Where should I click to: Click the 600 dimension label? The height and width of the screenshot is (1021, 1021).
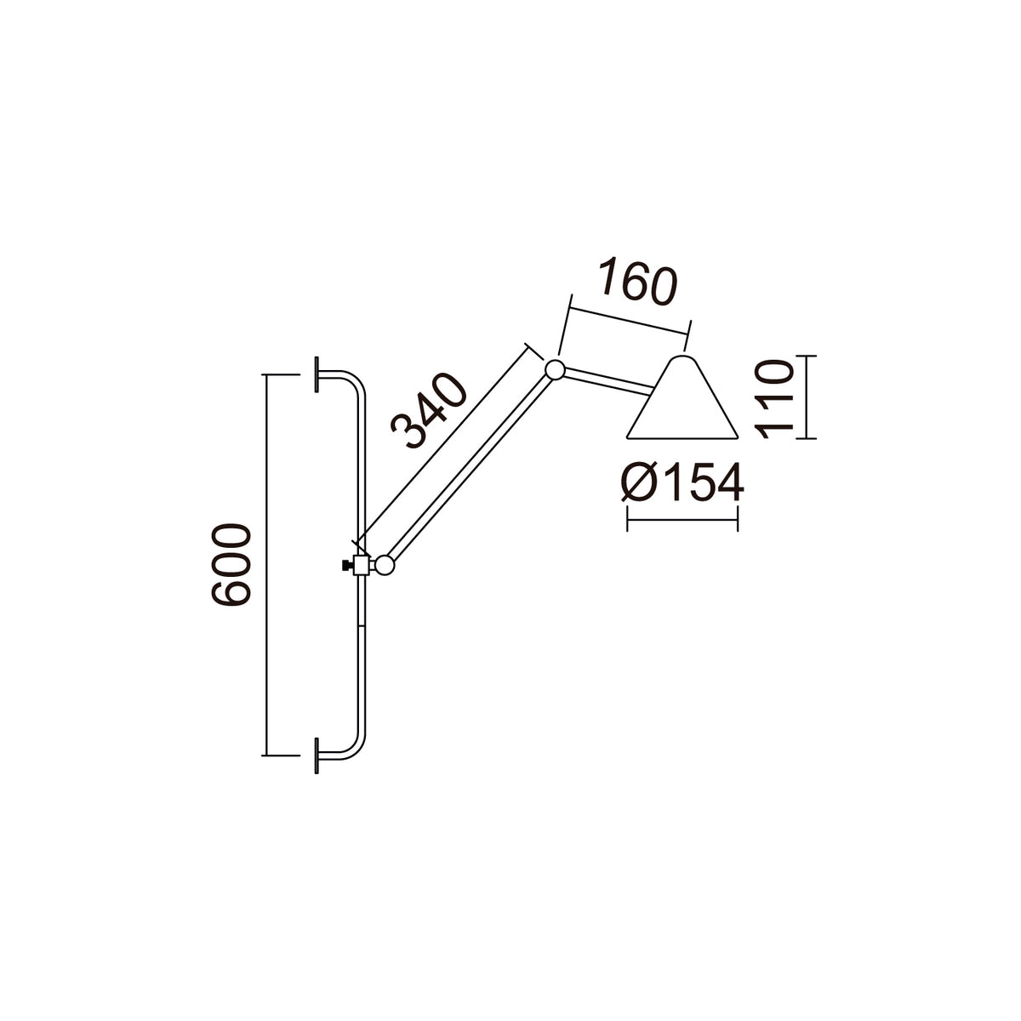click(x=230, y=564)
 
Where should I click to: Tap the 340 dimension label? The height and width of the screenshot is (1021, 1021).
click(x=429, y=410)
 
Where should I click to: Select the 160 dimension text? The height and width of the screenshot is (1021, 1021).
click(x=638, y=282)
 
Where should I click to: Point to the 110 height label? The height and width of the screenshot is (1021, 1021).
click(x=774, y=399)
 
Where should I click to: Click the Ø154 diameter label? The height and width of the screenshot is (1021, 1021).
click(x=683, y=482)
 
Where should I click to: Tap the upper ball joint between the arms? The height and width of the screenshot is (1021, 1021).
click(x=555, y=369)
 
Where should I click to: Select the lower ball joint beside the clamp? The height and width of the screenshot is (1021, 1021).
click(x=385, y=565)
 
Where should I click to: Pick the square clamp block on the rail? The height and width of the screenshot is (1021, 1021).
click(x=362, y=565)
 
